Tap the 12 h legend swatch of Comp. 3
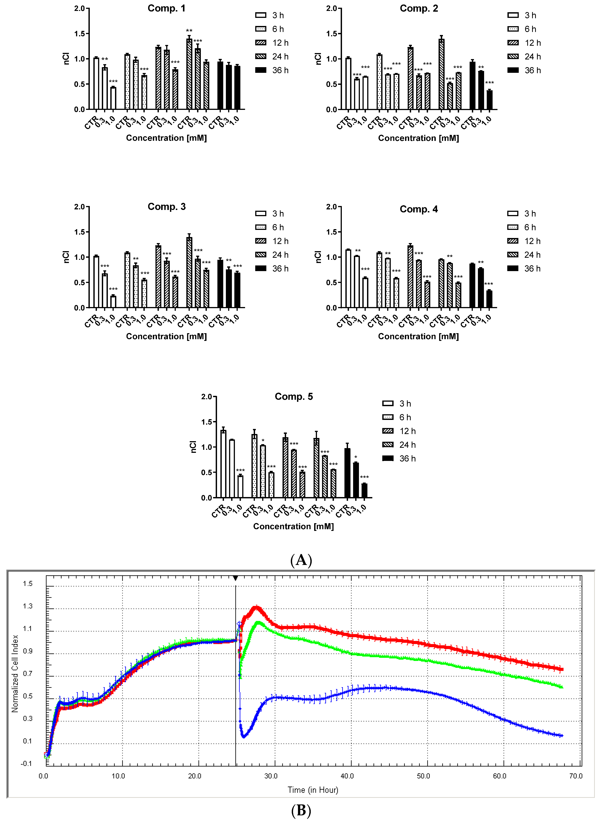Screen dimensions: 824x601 click(261, 241)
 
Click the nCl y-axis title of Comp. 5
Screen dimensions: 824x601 click(193, 447)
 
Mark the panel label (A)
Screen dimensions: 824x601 click(301, 560)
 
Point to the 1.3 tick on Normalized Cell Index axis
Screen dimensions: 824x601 click(28, 606)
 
